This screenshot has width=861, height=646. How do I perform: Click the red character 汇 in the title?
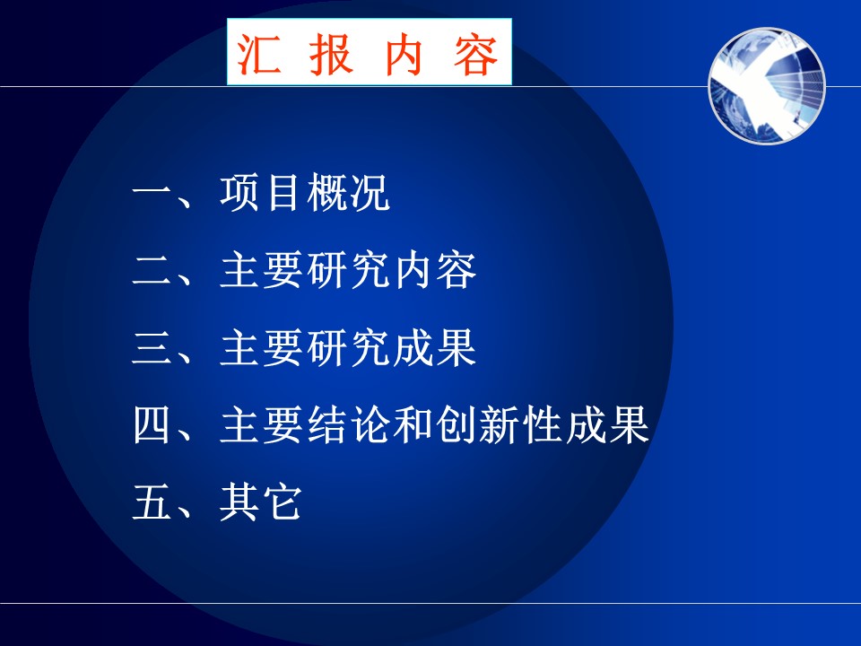click(258, 53)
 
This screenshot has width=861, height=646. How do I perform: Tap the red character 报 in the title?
click(331, 53)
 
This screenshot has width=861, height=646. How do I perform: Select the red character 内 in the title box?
click(403, 54)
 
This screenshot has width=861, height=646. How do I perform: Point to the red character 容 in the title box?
click(475, 54)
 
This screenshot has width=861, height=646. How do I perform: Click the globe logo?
click(767, 86)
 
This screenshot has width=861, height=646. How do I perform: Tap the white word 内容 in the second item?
click(434, 270)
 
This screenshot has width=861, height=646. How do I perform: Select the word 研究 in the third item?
click(348, 348)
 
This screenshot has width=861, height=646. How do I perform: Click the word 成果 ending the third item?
click(434, 348)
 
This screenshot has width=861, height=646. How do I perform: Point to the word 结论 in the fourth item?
click(348, 424)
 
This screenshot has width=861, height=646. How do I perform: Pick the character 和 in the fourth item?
click(413, 424)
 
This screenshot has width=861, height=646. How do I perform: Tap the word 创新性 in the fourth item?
click(500, 424)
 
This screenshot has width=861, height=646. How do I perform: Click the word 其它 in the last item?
click(261, 502)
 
